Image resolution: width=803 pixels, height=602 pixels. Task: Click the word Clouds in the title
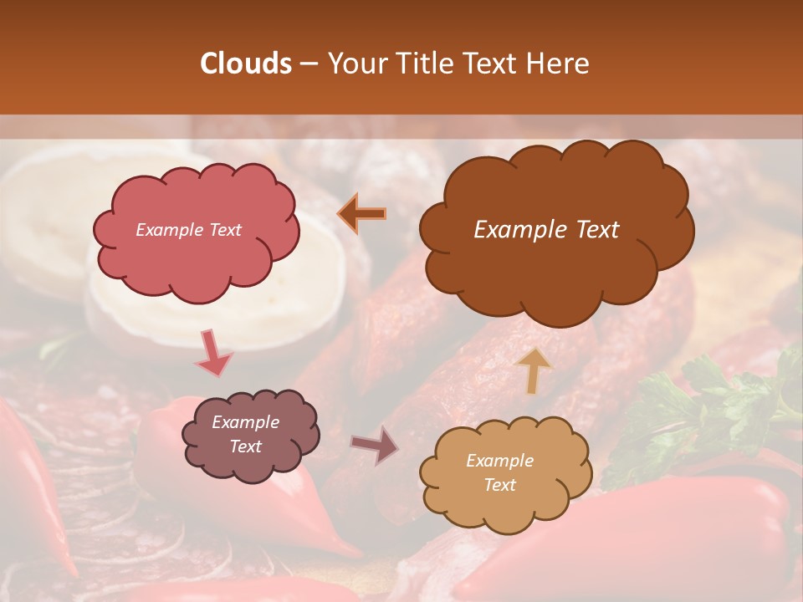[246, 64]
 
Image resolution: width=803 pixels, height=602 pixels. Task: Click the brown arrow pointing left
[362, 214]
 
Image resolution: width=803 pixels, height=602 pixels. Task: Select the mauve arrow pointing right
[376, 446]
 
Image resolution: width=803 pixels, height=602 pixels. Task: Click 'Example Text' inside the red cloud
[188, 230]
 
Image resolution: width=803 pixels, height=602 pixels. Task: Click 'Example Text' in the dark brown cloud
[546, 230]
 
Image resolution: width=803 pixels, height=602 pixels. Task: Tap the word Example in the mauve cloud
[245, 422]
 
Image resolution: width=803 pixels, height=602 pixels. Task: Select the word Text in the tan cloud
[499, 485]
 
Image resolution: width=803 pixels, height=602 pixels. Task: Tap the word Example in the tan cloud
[499, 461]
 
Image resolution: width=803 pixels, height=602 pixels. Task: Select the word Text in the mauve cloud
[245, 446]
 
